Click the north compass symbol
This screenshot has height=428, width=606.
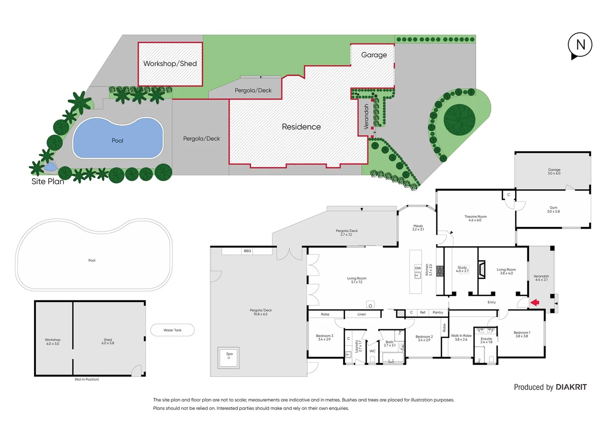click(x=580, y=45)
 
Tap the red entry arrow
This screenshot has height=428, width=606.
click(x=535, y=303)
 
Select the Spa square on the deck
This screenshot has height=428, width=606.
click(x=229, y=357)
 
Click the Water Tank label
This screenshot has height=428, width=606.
click(x=173, y=330)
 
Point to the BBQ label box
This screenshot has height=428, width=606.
click(x=247, y=251)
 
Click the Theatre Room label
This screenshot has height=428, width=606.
click(x=475, y=218)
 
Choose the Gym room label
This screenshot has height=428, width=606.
click(x=553, y=210)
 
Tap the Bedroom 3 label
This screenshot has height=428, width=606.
click(x=324, y=338)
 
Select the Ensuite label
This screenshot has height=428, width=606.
click(x=486, y=340)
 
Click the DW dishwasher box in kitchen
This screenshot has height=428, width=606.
click(x=418, y=268)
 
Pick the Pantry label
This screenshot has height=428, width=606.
click(x=438, y=313)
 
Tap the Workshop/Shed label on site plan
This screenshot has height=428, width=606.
click(x=170, y=64)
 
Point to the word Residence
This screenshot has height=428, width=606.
click(x=301, y=127)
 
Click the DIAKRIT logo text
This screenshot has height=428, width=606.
click(x=571, y=387)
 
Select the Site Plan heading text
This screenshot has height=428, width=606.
click(x=48, y=182)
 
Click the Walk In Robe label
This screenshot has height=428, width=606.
click(x=461, y=337)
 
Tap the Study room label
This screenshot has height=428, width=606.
click(x=462, y=269)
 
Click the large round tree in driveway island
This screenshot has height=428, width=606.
click(x=459, y=120)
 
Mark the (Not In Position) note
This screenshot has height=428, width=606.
click(x=86, y=380)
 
